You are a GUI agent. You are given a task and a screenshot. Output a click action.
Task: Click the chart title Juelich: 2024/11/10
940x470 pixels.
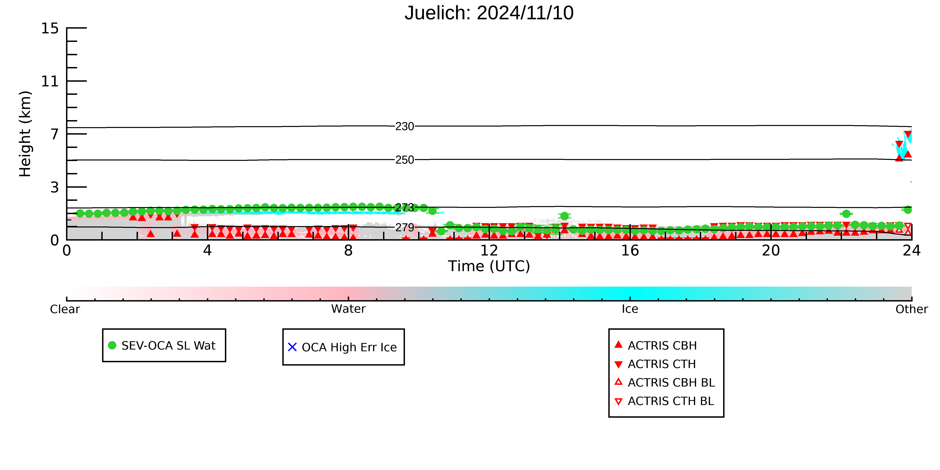click(x=489, y=13)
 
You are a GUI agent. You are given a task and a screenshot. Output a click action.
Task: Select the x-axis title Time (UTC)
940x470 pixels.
click(x=489, y=266)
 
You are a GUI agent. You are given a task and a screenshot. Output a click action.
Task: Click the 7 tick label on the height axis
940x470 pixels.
click(x=54, y=134)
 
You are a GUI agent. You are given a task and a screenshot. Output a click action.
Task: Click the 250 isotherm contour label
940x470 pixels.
click(x=405, y=160)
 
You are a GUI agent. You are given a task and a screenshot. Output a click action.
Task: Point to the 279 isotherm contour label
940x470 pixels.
click(x=405, y=228)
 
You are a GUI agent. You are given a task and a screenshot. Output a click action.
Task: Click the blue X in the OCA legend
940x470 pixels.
click(x=292, y=347)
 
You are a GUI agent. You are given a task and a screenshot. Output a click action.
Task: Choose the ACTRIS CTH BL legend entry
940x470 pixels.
click(x=664, y=401)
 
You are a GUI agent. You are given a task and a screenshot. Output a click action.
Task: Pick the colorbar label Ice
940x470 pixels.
click(x=630, y=309)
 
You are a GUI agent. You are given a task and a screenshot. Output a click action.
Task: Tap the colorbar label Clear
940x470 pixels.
click(x=65, y=309)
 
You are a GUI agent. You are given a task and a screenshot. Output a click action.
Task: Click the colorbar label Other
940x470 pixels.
click(x=912, y=309)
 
